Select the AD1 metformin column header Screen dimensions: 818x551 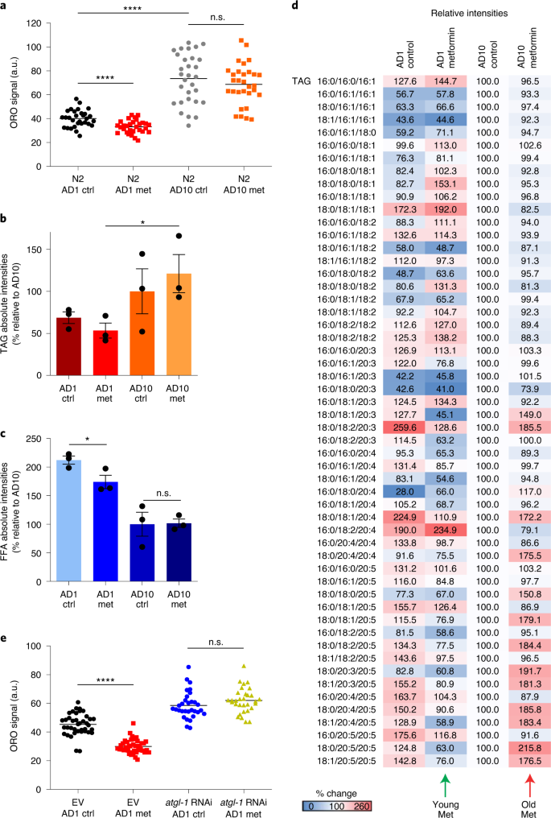click(x=441, y=52)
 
